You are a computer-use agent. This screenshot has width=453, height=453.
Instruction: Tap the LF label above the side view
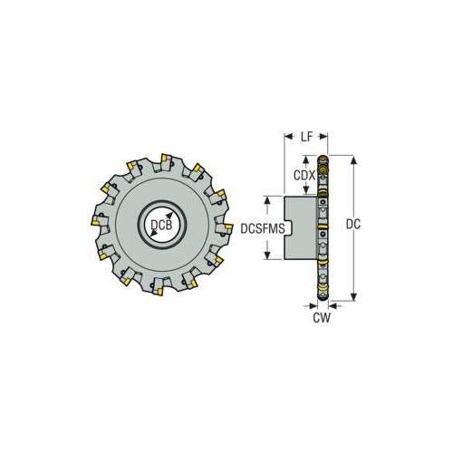(306, 136)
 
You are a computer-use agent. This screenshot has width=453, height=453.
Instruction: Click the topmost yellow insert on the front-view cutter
(166, 159)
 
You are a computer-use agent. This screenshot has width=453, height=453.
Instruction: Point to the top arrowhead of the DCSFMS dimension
(267, 197)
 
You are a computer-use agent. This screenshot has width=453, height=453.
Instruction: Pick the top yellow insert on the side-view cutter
(322, 167)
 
